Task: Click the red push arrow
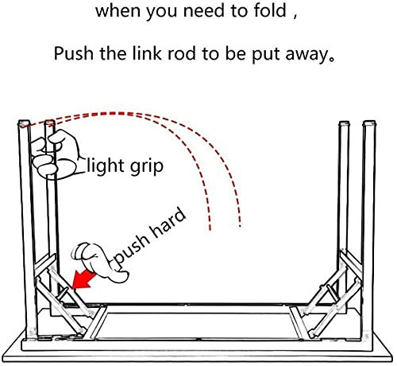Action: coord(83,280)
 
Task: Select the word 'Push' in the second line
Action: coord(74,53)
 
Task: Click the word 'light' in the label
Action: coord(106,166)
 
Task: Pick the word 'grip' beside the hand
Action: coord(146,167)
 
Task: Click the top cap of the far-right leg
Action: coord(369,123)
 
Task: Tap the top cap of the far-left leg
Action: coord(24,123)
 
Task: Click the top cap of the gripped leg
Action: coord(50,123)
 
